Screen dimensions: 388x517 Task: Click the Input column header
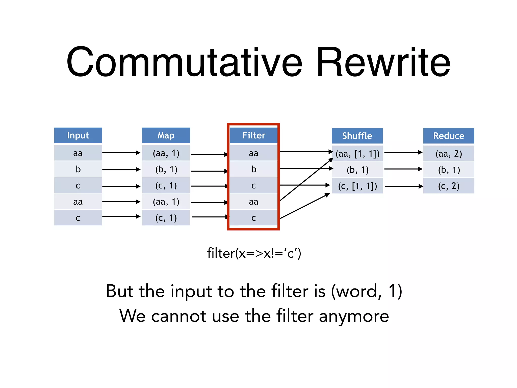78,135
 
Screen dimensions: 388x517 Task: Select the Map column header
166,135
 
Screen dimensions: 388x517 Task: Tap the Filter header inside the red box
254,135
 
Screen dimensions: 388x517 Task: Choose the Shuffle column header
357,136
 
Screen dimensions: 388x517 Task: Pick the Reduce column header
449,136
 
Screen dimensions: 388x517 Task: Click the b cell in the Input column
78,169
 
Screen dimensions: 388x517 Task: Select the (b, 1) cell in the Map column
166,169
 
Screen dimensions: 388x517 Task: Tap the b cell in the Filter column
254,169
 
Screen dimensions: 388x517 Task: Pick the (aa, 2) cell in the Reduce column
449,154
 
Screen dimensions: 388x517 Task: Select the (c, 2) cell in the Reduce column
449,186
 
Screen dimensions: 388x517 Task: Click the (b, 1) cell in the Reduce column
449,170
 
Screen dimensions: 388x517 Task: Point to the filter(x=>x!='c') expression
254,253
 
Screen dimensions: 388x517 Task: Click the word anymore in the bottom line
354,316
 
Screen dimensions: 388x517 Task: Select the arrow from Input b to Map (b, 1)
121,169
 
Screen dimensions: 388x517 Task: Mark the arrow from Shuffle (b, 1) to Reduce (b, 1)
403,169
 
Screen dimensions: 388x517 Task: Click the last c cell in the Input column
78,218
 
